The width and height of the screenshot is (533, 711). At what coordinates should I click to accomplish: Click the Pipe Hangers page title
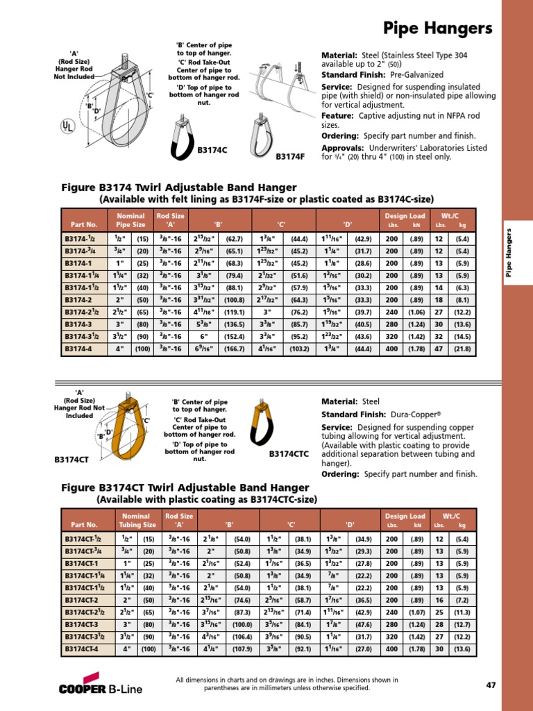pyautogui.click(x=437, y=28)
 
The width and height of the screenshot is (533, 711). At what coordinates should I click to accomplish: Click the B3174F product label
pyautogui.click(x=290, y=156)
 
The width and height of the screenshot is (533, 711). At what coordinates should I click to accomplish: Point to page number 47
pyautogui.click(x=491, y=685)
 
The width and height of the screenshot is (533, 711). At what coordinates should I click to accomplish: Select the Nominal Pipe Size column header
pyautogui.click(x=130, y=220)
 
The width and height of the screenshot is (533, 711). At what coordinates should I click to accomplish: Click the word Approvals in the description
pyautogui.click(x=342, y=148)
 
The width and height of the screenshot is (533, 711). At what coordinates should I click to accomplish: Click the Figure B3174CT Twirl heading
pyautogui.click(x=183, y=487)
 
